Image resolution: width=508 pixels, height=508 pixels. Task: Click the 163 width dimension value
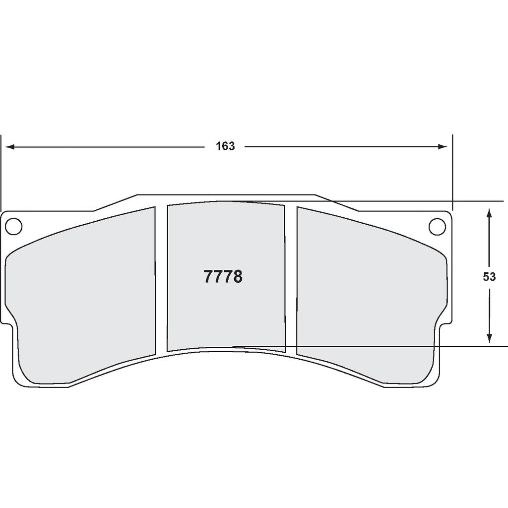[x=225, y=146]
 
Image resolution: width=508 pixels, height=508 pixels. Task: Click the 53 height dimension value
[x=489, y=277]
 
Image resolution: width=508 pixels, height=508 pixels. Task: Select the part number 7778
[x=223, y=277]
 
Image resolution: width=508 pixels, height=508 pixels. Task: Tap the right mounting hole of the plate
[x=437, y=226]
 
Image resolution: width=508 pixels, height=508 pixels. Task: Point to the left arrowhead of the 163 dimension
[x=9, y=147]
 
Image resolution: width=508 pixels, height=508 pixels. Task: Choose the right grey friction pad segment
[x=367, y=298]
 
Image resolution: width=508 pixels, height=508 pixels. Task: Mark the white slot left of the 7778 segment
[x=161, y=278]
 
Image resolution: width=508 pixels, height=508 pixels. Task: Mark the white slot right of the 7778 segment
[x=291, y=278]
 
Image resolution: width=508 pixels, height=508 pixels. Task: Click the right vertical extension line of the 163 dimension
[x=452, y=174]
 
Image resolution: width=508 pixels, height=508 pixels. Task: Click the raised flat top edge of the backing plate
[x=226, y=195]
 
